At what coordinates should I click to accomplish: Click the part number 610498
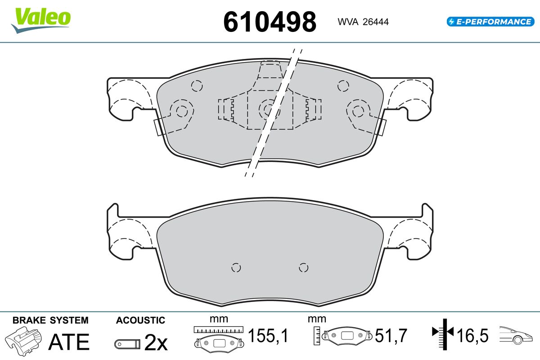pos(270,22)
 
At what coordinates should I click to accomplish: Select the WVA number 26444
pos(376,22)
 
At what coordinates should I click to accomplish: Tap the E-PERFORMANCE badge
pos(490,22)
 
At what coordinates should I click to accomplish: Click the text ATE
pos(69,342)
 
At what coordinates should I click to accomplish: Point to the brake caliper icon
pos(23,341)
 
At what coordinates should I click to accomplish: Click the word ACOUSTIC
pos(140,320)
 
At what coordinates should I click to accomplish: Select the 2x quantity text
pos(156,342)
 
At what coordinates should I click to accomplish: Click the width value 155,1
pos(268,335)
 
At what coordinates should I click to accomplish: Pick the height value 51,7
pos(391,335)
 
